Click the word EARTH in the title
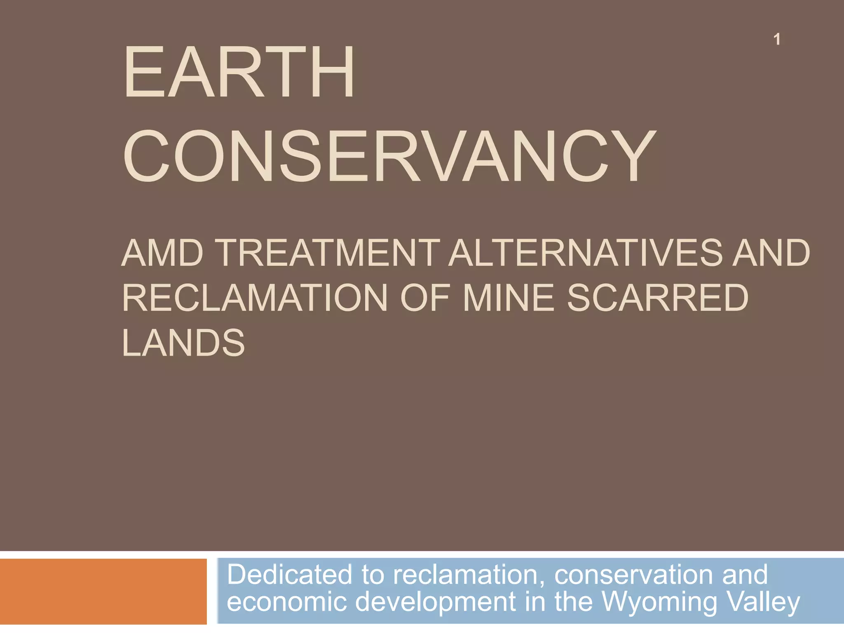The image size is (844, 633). pos(239,73)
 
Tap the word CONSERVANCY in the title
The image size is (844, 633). pos(389,157)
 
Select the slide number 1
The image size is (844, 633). pos(777,40)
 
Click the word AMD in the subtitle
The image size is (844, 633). pos(162,253)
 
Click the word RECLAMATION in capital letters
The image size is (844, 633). pos(254,298)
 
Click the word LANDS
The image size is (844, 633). pos(183,342)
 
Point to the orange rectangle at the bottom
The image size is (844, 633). pos(103,591)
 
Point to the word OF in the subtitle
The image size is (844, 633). pos(424,298)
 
